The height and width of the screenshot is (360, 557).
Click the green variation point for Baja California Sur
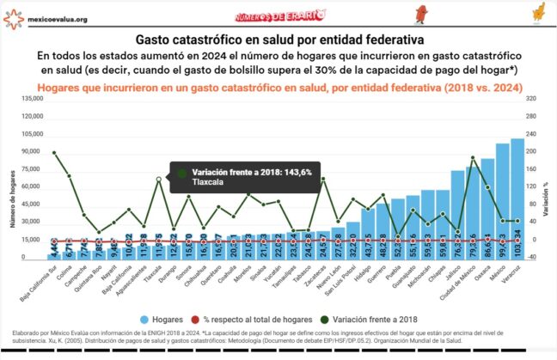tap(53, 153)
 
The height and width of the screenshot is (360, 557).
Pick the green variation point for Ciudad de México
tap(472, 158)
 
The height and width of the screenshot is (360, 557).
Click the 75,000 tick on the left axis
tap(32, 169)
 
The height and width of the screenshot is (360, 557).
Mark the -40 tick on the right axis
tap(534, 258)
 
